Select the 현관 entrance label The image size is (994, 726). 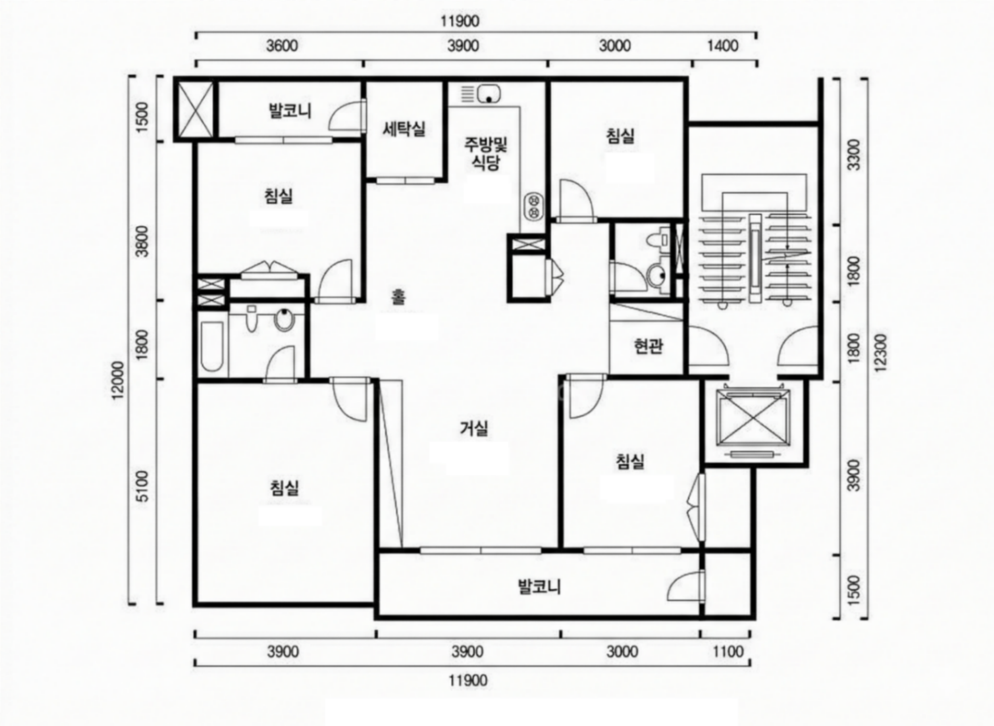(x=648, y=347)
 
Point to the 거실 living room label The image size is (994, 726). (x=474, y=428)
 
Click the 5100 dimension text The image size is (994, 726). (x=143, y=486)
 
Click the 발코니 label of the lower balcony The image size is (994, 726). (x=540, y=587)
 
